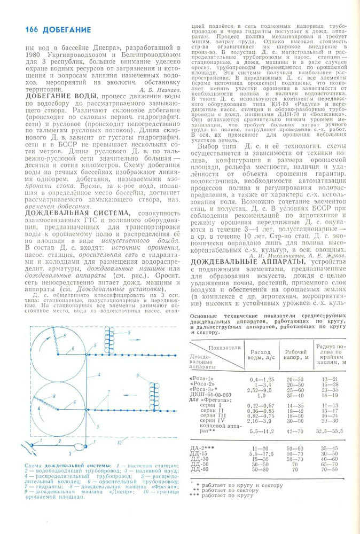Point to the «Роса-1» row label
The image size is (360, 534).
(x=202, y=378)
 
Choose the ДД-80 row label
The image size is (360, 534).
(x=199, y=469)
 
